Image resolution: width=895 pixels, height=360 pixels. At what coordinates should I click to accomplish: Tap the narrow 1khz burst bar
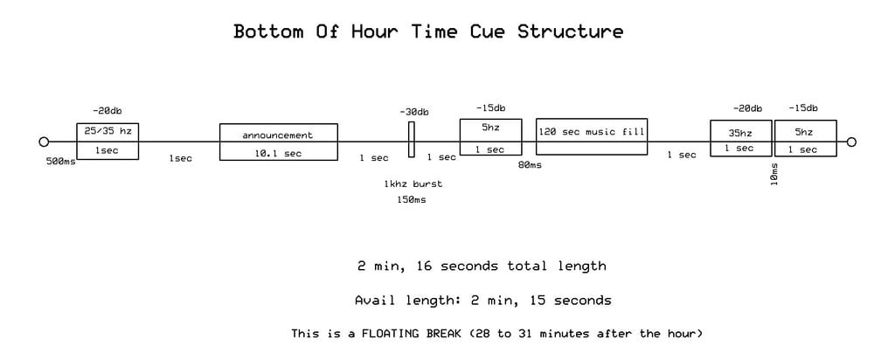point(411,139)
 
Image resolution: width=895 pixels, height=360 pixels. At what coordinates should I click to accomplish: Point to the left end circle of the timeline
point(44,142)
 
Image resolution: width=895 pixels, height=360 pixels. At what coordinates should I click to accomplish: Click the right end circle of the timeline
point(851,142)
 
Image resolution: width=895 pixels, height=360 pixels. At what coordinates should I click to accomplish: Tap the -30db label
point(413,112)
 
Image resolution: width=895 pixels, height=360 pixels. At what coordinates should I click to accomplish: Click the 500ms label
point(60,162)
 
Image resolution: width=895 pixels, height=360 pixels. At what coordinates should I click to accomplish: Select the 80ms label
point(530,165)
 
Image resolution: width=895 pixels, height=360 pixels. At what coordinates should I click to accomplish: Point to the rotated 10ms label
point(774,174)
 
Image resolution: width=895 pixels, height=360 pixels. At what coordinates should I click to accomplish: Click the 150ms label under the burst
point(411,200)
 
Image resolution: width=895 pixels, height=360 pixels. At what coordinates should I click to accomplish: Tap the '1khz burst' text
point(413,184)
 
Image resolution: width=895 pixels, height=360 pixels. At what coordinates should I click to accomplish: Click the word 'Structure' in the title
point(570,31)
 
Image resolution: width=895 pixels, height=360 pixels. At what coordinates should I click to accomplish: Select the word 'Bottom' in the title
point(268,31)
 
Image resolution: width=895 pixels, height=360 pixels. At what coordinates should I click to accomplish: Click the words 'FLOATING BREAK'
point(411,333)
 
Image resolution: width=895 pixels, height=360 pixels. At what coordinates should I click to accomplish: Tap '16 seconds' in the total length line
point(457,266)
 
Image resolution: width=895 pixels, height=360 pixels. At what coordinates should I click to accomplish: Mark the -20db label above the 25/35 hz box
point(107,111)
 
